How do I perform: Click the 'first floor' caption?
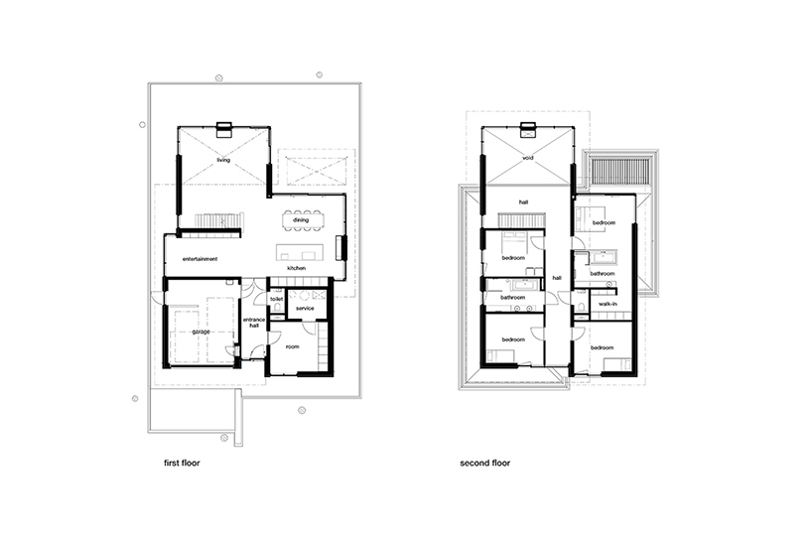pos(182,463)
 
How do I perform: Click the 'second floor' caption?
pos(484,463)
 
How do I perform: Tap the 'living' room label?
pos(223,160)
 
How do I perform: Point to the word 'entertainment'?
pos(200,259)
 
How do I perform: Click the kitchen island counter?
pos(300,252)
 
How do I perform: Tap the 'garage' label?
pos(201,332)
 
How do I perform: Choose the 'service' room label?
pos(305,309)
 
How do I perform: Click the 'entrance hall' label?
pos(254,323)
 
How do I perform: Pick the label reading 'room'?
pos(292,346)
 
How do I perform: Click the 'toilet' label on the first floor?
pos(277,300)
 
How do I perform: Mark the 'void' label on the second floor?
pos(528,158)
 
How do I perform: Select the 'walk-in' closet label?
pos(608,304)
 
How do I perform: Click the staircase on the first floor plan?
pos(218,220)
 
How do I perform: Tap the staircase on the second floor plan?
pos(521,220)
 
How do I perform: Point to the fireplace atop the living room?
pos(224,129)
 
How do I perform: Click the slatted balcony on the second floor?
pos(619,170)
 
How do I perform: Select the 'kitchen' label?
pos(296,268)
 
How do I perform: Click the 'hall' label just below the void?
pos(523,203)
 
